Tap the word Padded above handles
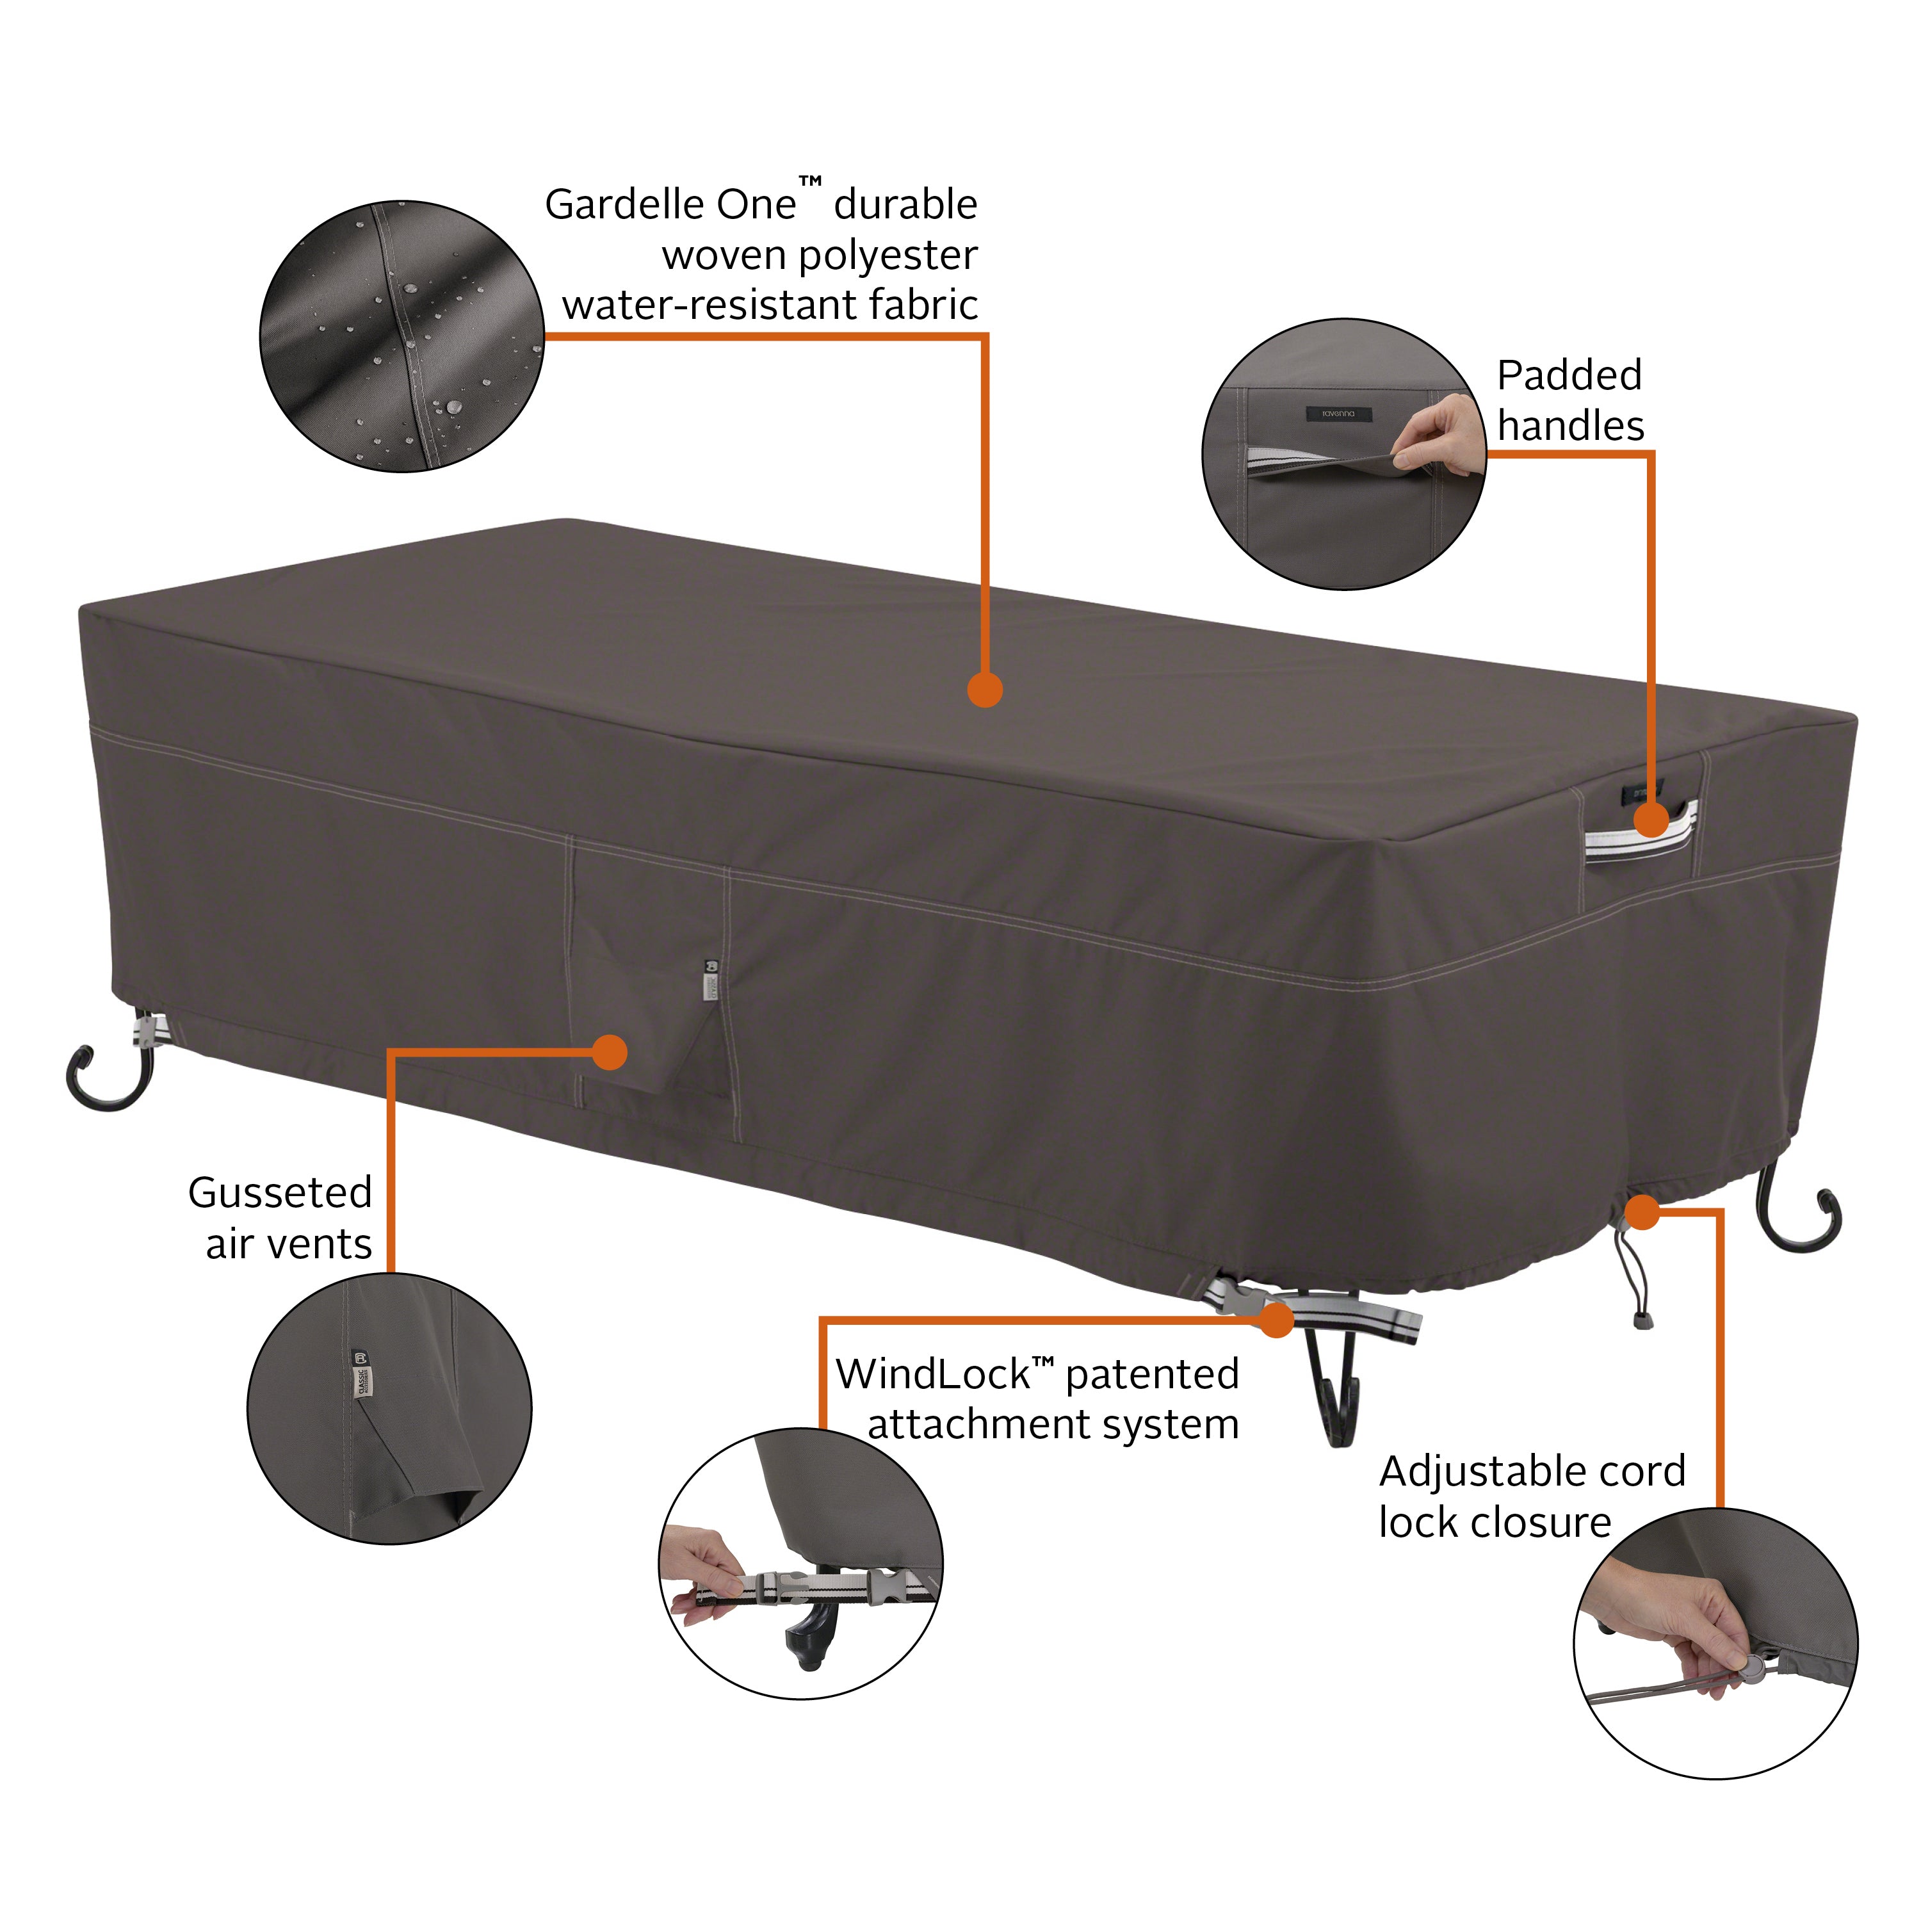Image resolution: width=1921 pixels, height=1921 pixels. coord(1569,376)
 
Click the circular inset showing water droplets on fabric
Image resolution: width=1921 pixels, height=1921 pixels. coord(401,336)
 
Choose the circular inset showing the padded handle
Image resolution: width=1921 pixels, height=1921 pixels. coord(1344,455)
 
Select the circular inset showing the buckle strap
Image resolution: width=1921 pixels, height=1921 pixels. coord(802,1564)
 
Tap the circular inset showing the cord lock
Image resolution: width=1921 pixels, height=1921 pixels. coord(1715,1644)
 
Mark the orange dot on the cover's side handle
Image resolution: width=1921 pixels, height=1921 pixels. coord(1651,820)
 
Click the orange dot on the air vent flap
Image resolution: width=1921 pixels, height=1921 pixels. coord(610,1052)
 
